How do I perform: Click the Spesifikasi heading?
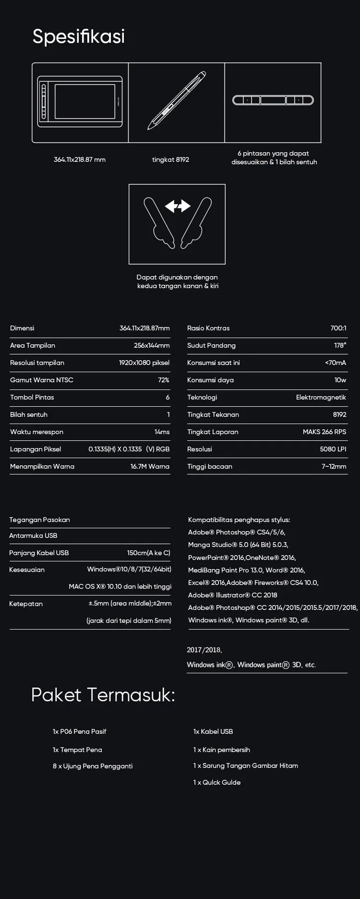[x=79, y=36]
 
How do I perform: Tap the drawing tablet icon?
[x=80, y=101]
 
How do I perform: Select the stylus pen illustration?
[x=177, y=101]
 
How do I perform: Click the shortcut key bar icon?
[x=273, y=100]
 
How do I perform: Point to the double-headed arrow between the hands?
[x=178, y=206]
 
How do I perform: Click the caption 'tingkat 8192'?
[x=170, y=160]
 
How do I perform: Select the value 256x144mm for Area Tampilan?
[x=151, y=345]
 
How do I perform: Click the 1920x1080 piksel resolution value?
[x=144, y=363]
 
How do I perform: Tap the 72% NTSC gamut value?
[x=163, y=380]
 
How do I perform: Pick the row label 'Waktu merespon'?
[x=36, y=432]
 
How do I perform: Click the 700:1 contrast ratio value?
[x=338, y=328]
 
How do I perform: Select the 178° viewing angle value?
[x=340, y=345]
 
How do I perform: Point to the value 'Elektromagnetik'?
[x=321, y=397]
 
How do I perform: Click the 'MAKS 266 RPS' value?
[x=324, y=432]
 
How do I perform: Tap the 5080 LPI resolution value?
[x=333, y=449]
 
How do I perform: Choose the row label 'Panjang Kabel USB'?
[x=39, y=553]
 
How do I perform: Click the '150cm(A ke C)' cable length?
[x=148, y=553]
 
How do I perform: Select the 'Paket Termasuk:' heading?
[x=103, y=695]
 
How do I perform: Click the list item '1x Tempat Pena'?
[x=77, y=750]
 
